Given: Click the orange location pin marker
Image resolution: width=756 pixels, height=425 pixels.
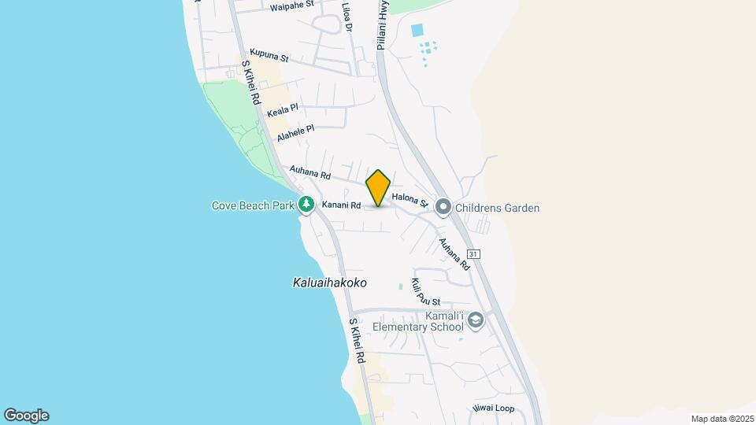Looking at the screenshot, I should tap(378, 187).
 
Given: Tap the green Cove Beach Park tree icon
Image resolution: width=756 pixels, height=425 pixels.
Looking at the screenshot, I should tap(306, 205).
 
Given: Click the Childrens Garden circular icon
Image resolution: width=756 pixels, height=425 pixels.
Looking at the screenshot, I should tap(443, 208).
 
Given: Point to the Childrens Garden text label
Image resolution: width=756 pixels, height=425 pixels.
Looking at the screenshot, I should tap(497, 209).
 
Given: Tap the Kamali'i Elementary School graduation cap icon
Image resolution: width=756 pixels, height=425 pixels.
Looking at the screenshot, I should tap(475, 320).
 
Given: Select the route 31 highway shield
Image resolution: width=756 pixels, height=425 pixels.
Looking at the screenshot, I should tap(473, 254).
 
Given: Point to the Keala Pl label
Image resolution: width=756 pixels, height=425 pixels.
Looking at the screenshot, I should tap(283, 111).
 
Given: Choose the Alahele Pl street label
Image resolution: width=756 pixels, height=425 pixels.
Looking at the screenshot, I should tap(295, 133).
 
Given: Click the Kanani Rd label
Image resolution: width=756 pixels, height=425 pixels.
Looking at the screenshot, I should tap(341, 206).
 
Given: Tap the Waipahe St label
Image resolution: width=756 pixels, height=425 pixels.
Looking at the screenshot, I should tap(291, 6).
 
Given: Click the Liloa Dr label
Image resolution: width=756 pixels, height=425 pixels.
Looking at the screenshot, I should tap(347, 16).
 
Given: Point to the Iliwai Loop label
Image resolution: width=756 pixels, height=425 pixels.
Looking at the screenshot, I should tap(493, 408).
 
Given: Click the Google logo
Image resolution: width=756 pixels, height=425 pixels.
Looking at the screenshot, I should tap(26, 416).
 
